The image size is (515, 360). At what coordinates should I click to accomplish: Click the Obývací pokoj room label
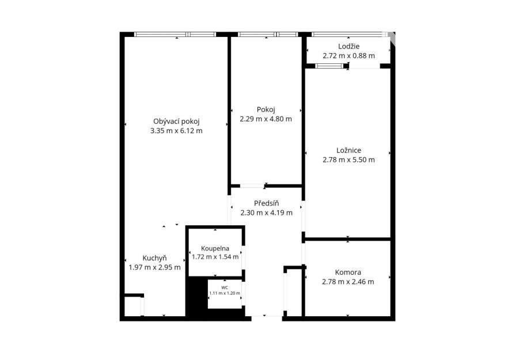pos(176,122)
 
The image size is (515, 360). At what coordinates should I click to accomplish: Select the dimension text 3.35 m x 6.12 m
pos(176,131)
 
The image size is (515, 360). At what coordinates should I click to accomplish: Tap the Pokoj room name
pos(266,109)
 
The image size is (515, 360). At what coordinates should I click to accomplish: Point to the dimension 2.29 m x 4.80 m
pos(266,119)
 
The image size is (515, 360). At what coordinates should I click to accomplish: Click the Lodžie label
pos(349,46)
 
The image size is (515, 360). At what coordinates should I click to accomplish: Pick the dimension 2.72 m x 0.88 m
pos(349,55)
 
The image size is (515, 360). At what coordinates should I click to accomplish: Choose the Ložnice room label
pos(349,150)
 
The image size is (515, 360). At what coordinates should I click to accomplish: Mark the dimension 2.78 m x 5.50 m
pos(349,160)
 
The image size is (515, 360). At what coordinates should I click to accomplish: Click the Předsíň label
pos(266,203)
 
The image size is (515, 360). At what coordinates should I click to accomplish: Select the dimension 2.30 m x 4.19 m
pos(266,213)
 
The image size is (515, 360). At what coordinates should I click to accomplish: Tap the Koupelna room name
pos(215,248)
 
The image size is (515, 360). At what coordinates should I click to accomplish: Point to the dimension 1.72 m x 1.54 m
pos(215,257)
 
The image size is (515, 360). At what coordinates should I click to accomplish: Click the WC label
pos(225,288)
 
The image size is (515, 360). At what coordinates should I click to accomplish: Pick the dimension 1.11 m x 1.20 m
pos(225,293)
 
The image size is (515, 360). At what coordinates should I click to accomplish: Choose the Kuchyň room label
pos(154,258)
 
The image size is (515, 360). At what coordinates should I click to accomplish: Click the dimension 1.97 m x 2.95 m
pos(154,267)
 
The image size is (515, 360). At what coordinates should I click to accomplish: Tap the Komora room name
pos(348,272)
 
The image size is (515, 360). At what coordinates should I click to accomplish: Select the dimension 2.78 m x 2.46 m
pos(348,282)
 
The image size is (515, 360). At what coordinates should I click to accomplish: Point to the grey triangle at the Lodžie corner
pos(392,38)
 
